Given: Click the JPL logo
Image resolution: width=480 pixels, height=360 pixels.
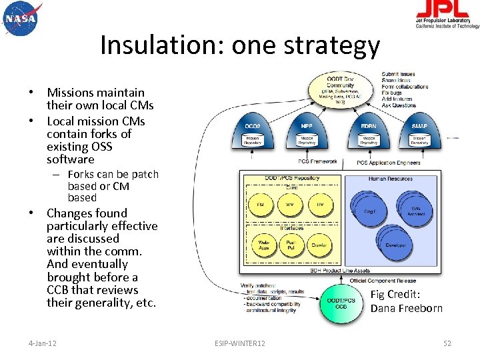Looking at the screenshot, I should click(447, 13).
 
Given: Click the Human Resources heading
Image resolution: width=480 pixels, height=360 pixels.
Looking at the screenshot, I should click(391, 179).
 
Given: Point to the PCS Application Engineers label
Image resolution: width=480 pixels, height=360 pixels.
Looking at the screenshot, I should click(389, 163).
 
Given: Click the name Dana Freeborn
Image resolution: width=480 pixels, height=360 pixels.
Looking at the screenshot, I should click(406, 308).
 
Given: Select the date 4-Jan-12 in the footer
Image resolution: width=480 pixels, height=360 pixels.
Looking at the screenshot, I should click(42, 343).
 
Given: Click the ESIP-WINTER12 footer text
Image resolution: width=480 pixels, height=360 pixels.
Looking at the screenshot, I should click(240, 343).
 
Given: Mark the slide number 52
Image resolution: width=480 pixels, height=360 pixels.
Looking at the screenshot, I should click(447, 343).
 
